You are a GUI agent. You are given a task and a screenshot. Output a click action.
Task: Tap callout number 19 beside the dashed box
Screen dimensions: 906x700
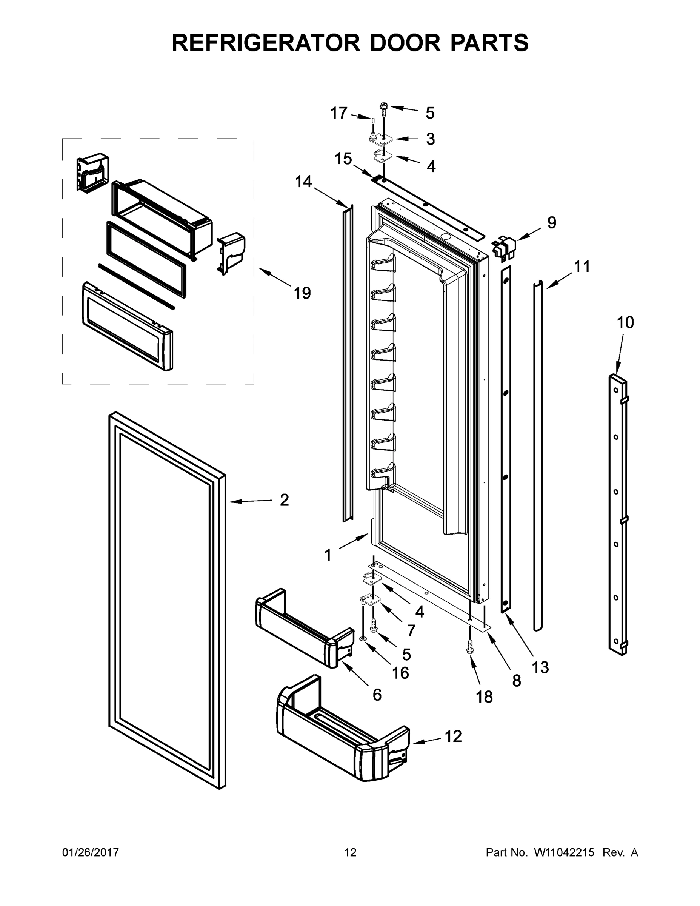coord(302,293)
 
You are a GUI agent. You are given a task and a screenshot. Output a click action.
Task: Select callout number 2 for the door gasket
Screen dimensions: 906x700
coord(284,500)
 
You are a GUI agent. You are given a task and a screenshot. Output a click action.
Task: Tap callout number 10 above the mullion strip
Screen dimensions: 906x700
coord(625,322)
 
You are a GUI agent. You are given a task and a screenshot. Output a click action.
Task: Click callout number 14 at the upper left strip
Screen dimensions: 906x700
coord(303,181)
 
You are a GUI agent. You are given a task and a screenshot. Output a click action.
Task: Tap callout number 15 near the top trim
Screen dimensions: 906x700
coord(343,159)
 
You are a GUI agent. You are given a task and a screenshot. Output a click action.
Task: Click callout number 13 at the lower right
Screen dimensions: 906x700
coord(540,667)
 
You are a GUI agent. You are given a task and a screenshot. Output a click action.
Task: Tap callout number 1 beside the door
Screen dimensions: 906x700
coord(328,555)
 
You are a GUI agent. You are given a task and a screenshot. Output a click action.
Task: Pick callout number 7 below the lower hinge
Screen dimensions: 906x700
coord(411,630)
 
